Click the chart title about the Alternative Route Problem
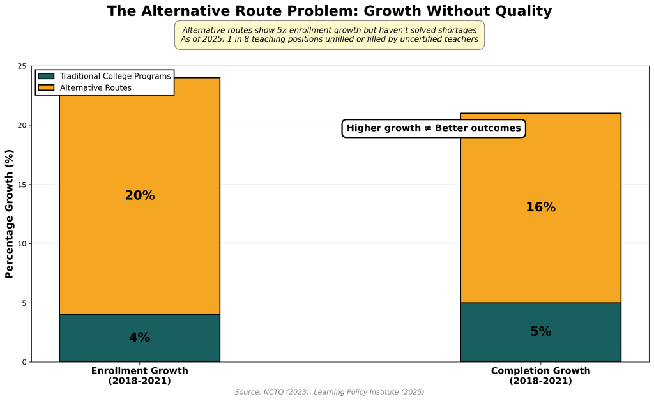[329, 11]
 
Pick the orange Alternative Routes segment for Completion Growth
[540, 255]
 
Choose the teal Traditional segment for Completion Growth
[540, 348]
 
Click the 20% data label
[140, 196]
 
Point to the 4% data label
[140, 338]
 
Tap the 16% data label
[540, 208]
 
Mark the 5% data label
[540, 332]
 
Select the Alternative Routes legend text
[96, 88]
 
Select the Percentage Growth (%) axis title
[10, 214]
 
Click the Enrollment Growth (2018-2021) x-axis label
[140, 375]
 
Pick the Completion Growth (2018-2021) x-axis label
[540, 375]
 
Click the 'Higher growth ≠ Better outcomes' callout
[434, 128]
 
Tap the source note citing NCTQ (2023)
[329, 392]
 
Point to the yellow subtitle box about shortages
[329, 34]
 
